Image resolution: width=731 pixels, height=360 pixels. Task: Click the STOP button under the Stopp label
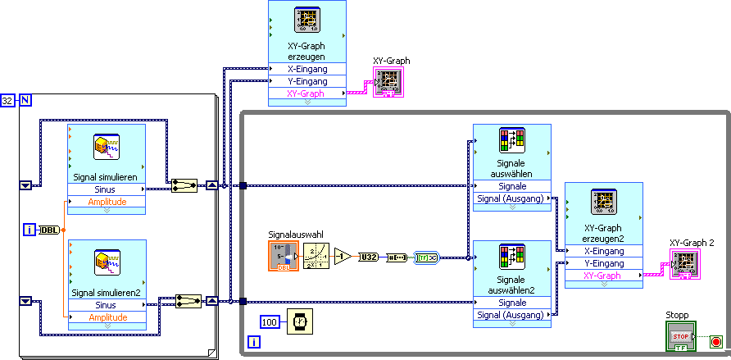pyautogui.click(x=680, y=336)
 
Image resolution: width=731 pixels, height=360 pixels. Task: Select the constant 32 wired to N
pyautogui.click(x=7, y=101)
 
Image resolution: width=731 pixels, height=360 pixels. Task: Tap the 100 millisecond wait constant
pyautogui.click(x=270, y=322)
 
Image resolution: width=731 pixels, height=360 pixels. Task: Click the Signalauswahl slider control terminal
pyautogui.click(x=284, y=257)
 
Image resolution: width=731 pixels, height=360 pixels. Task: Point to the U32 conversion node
pyautogui.click(x=369, y=257)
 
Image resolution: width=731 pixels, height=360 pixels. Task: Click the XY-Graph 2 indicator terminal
pyautogui.click(x=685, y=264)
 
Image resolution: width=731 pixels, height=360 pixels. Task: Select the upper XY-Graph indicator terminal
pyautogui.click(x=388, y=82)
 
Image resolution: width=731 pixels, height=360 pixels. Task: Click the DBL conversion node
pyautogui.click(x=49, y=230)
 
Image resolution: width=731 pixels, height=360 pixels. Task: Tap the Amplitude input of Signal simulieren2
pyautogui.click(x=107, y=317)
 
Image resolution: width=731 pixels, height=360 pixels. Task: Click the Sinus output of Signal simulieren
pyautogui.click(x=107, y=189)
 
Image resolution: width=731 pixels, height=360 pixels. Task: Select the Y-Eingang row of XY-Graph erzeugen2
pyautogui.click(x=603, y=263)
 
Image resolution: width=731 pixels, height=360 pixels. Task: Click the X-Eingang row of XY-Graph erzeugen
pyautogui.click(x=307, y=70)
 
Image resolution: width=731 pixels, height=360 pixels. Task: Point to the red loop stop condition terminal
pyautogui.click(x=715, y=341)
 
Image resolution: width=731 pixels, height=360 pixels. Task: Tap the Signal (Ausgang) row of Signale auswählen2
pyautogui.click(x=511, y=315)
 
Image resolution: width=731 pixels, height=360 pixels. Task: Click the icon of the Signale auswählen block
pyautogui.click(x=512, y=140)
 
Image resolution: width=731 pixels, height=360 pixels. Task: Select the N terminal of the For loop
pyautogui.click(x=25, y=101)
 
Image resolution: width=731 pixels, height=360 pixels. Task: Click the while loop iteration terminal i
pyautogui.click(x=254, y=340)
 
